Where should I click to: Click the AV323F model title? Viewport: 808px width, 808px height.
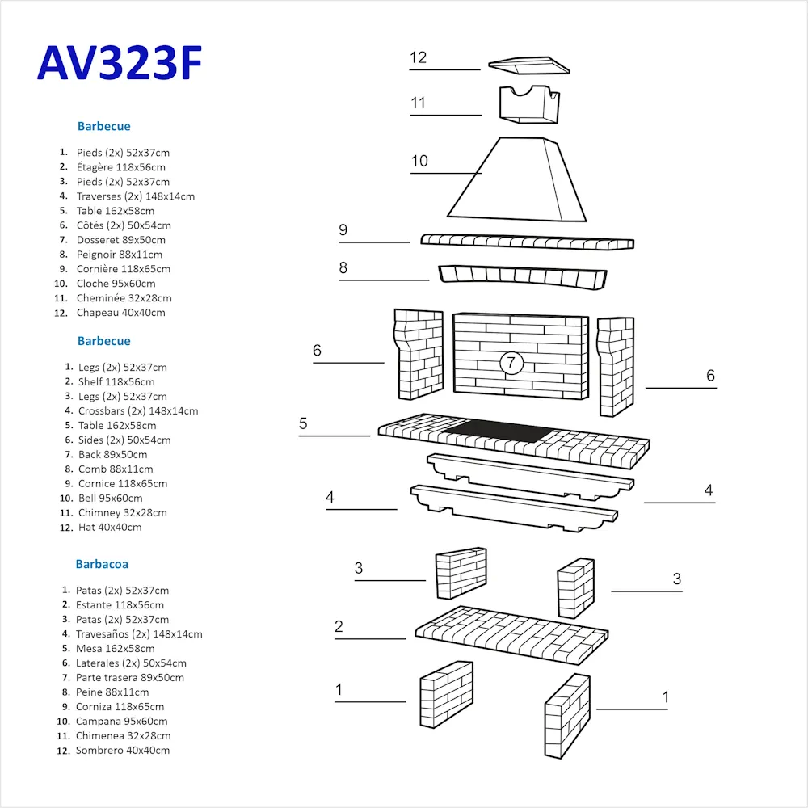click(x=120, y=63)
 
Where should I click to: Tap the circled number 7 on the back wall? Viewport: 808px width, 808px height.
click(x=511, y=363)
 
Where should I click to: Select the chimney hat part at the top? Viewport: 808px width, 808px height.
click(x=528, y=65)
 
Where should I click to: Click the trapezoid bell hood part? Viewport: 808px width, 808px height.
click(x=517, y=179)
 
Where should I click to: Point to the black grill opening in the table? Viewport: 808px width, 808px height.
click(x=498, y=431)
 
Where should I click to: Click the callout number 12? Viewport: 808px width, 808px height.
click(x=418, y=57)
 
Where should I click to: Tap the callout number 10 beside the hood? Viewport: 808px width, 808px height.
click(x=419, y=161)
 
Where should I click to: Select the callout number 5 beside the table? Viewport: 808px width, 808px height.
click(x=303, y=423)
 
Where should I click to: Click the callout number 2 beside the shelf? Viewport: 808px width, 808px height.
click(x=339, y=626)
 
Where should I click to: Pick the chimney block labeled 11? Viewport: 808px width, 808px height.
click(x=529, y=104)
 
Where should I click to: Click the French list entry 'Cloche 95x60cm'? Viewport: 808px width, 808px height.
click(x=116, y=284)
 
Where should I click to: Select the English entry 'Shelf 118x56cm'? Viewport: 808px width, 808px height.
click(x=116, y=382)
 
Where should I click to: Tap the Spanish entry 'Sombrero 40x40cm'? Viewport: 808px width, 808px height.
click(x=123, y=751)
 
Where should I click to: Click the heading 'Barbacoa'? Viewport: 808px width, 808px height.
click(x=102, y=564)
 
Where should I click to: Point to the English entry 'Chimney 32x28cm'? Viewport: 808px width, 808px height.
click(x=123, y=513)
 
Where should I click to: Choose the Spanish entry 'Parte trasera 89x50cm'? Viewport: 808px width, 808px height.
click(x=130, y=678)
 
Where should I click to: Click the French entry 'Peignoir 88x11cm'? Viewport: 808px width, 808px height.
click(x=120, y=255)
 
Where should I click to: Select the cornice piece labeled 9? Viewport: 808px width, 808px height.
click(x=527, y=242)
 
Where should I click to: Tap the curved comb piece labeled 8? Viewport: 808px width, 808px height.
click(x=523, y=276)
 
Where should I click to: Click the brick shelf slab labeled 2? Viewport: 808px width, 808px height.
click(x=511, y=635)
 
